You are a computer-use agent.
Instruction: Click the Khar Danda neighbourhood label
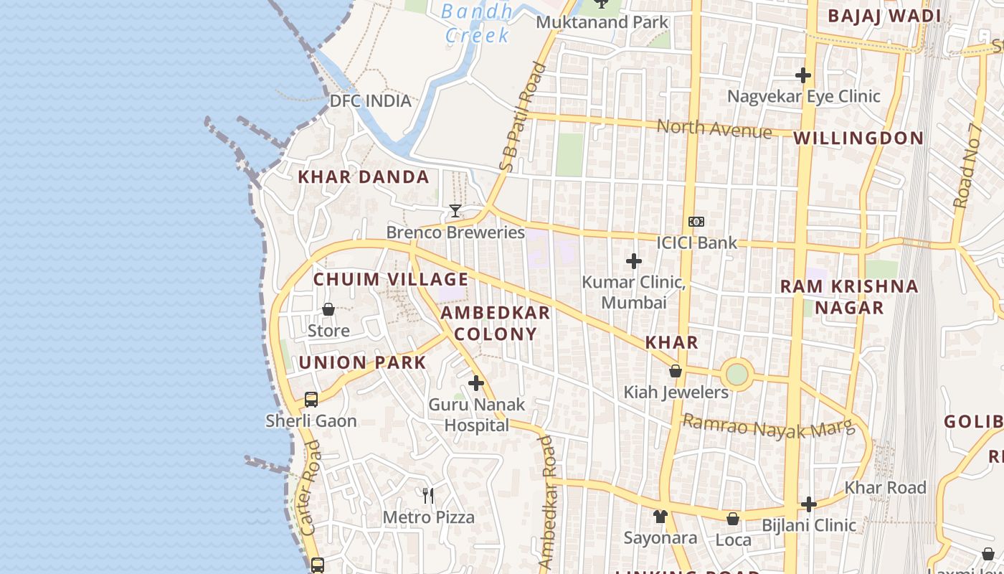tap(364, 177)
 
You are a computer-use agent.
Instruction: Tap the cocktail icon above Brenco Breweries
tap(455, 211)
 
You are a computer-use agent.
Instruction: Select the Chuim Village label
tap(391, 279)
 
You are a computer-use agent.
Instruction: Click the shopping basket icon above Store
tap(328, 309)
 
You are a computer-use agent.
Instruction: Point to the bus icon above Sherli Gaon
tap(311, 400)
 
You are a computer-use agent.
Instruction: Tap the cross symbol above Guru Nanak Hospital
tap(476, 383)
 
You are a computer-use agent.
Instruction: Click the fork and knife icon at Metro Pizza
tap(428, 495)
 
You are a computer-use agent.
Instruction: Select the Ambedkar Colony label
tap(495, 323)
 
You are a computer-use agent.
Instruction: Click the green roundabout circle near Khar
tap(737, 374)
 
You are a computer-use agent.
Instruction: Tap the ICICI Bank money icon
tap(696, 222)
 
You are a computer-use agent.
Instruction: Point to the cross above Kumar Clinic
tap(633, 261)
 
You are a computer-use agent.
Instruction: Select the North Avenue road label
tap(714, 129)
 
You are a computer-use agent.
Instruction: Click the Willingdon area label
tap(858, 138)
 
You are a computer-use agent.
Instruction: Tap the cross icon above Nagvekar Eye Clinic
tap(803, 75)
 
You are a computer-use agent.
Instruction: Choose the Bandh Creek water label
tap(477, 23)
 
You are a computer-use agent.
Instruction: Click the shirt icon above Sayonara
tap(660, 516)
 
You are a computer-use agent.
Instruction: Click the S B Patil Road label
tap(524, 118)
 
